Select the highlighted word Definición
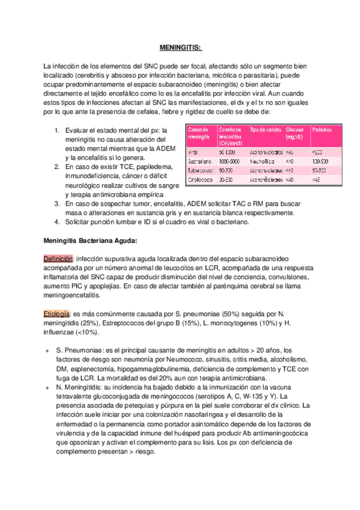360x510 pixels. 58,258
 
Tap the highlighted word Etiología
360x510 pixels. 57,314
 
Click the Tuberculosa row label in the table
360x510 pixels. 201,170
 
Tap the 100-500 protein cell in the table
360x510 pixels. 321,162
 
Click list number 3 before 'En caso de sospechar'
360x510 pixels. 56,204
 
